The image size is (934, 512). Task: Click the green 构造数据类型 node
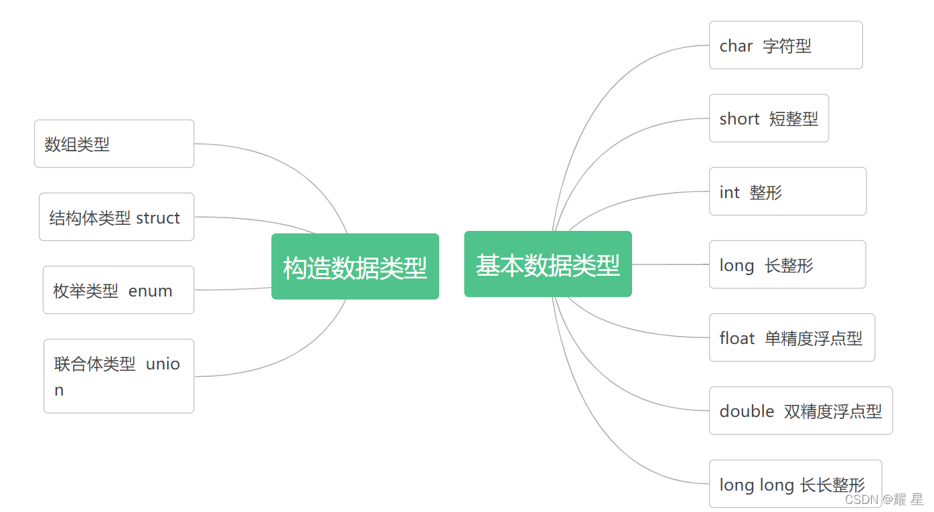coord(355,266)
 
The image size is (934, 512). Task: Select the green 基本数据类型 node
coord(548,264)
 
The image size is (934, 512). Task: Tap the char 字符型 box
coord(785,45)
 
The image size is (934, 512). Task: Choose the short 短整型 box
coord(769,118)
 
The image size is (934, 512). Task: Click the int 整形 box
coord(787,191)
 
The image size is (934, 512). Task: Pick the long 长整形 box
coord(787,264)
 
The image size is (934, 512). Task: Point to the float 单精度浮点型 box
coord(791,337)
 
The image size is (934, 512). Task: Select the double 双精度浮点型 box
coord(800,410)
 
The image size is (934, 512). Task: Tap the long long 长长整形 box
coord(795,483)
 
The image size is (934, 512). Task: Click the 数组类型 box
coord(114,144)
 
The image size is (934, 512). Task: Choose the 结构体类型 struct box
coord(116,217)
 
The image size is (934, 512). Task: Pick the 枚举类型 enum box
coord(119,290)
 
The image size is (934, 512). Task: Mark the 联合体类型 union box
coord(119,376)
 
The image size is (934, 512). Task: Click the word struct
coord(158,218)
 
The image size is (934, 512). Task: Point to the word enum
coord(150,291)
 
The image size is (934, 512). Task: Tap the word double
coord(747,411)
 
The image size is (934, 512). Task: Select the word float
coord(736,338)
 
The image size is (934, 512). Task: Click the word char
coord(736,46)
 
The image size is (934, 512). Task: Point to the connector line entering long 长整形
coord(670,264)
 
